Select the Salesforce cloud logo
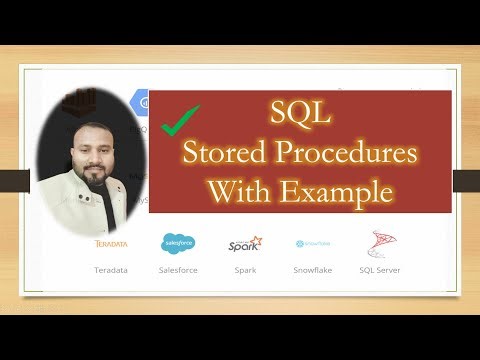tap(178, 243)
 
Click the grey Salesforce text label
tap(178, 269)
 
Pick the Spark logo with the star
tap(245, 243)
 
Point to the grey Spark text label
tap(245, 269)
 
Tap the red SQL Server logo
tap(380, 243)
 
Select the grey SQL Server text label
tap(380, 269)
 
